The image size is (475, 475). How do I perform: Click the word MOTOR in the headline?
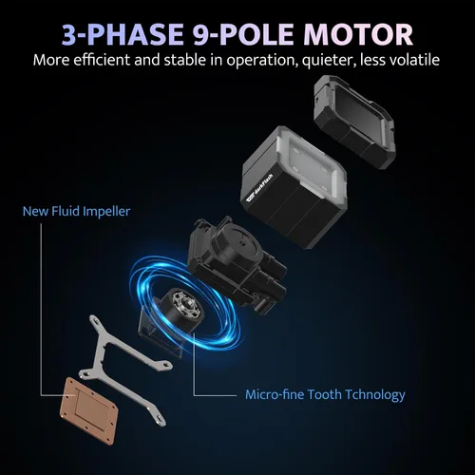[x=358, y=34]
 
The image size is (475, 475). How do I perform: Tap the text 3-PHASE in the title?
[x=123, y=34]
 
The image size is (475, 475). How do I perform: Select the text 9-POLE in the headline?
[x=243, y=34]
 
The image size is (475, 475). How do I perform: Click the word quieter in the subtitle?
[x=325, y=60]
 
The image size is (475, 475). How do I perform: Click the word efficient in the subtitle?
[x=103, y=60]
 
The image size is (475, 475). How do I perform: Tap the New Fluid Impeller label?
[x=76, y=211]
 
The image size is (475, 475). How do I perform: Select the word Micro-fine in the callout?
[x=275, y=394]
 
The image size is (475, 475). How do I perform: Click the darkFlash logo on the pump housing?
[x=258, y=189]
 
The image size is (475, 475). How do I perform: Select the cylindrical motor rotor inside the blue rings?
[x=181, y=312]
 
